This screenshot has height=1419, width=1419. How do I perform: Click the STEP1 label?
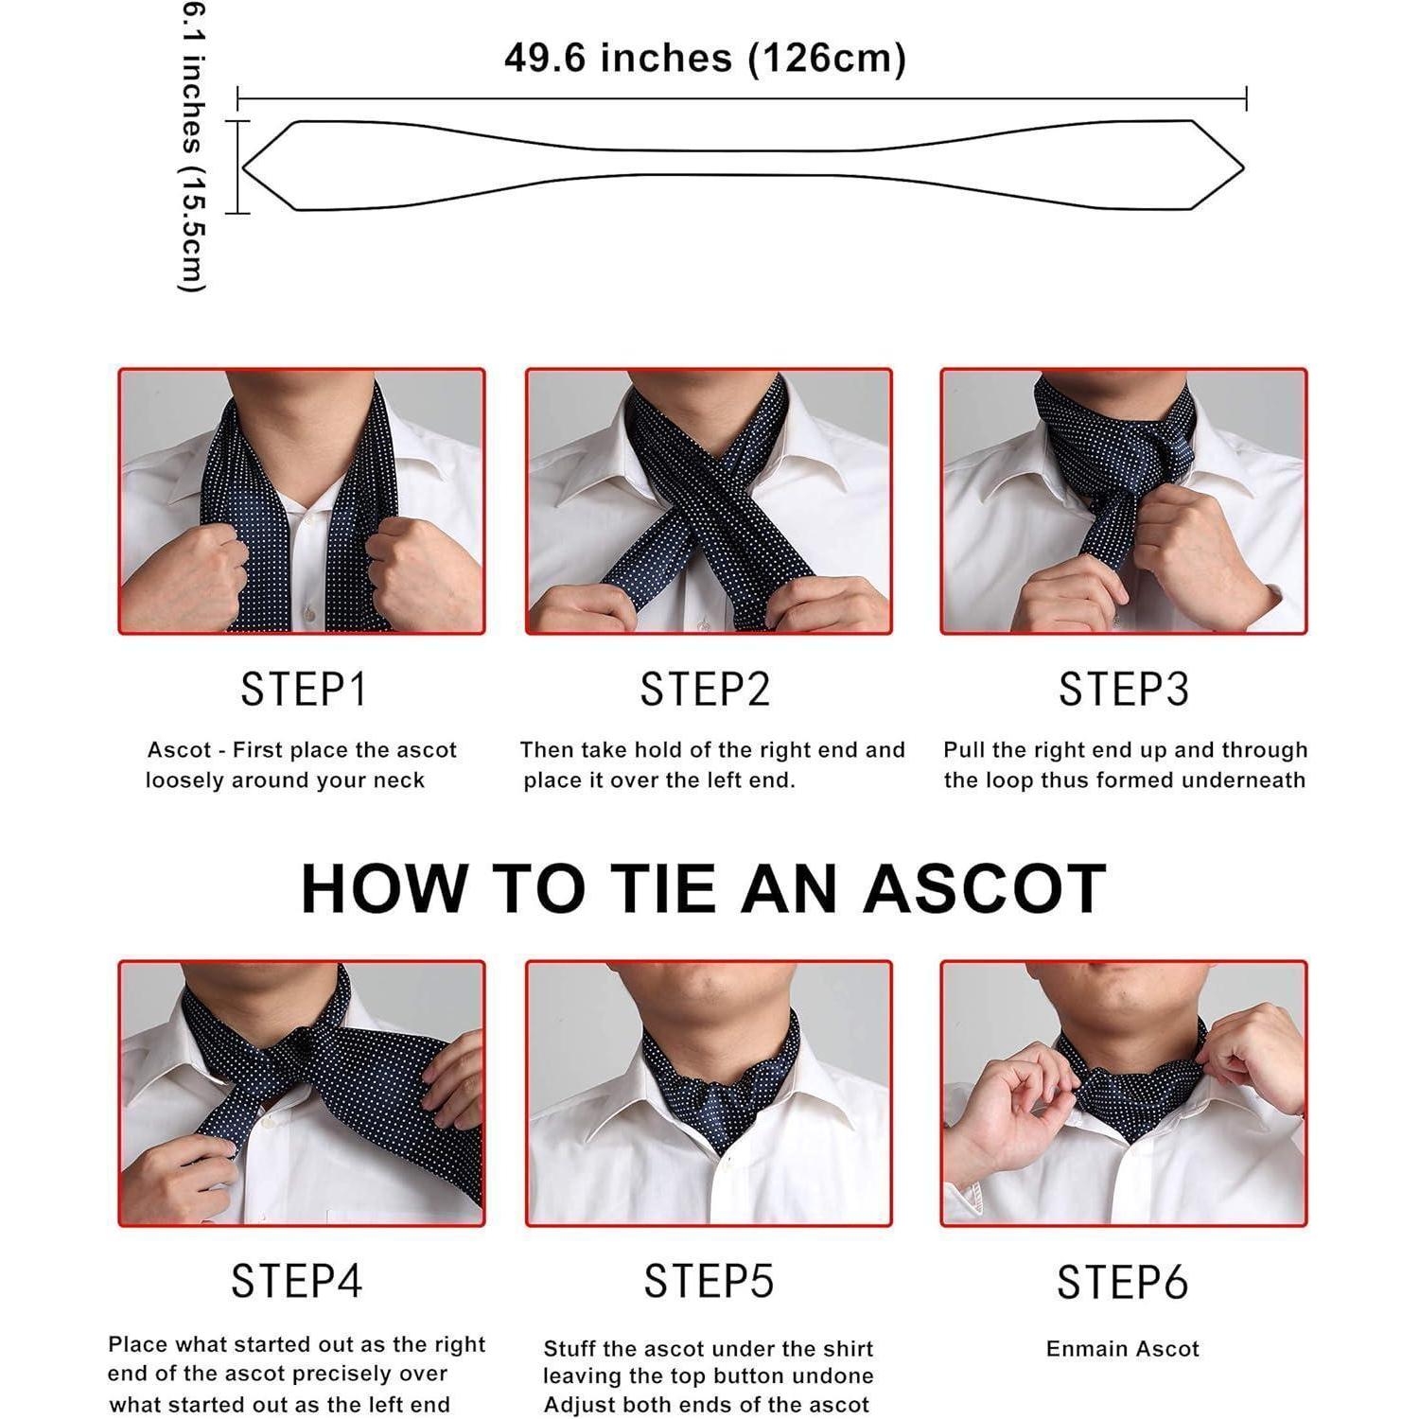pos(303,690)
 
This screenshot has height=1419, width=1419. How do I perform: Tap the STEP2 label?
pos(706,690)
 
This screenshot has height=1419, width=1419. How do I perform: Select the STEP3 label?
pos(1123,690)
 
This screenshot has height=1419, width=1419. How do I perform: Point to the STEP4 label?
pos(297,1282)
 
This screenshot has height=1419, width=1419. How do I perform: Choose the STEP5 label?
pos(709,1282)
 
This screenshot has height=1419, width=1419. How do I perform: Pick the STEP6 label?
pos(1122,1283)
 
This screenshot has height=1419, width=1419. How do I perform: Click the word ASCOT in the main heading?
pos(984,888)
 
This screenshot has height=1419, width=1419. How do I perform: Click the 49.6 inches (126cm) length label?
pos(705,59)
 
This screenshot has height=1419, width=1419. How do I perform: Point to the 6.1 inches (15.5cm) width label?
pos(192,148)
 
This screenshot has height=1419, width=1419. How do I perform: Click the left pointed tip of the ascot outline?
pos(243,167)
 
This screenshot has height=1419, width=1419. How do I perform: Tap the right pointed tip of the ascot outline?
pos(1244,167)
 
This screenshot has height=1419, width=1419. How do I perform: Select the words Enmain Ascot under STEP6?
pos(1123,1349)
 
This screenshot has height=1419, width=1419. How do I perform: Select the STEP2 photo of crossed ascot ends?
pos(709,501)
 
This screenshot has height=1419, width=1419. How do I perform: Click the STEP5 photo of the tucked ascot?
pos(709,1094)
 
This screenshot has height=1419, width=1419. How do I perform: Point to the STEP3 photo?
pos(1124,501)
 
